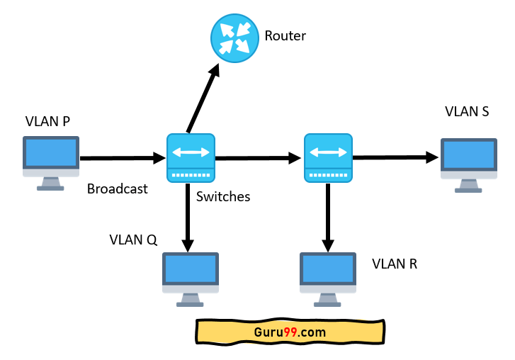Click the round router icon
pyautogui.click(x=234, y=38)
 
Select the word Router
pyautogui.click(x=285, y=35)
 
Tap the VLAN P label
pyautogui.click(x=47, y=121)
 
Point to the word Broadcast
pyautogui.click(x=118, y=189)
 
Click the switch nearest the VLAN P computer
pyautogui.click(x=191, y=157)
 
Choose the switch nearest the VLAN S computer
pyautogui.click(x=327, y=157)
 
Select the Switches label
pyautogui.click(x=223, y=196)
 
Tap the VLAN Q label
pyautogui.click(x=133, y=239)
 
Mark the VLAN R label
pyautogui.click(x=395, y=264)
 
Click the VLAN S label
pyautogui.click(x=467, y=111)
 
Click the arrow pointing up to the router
pyautogui.click(x=202, y=99)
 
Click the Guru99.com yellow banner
pyautogui.click(x=290, y=332)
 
